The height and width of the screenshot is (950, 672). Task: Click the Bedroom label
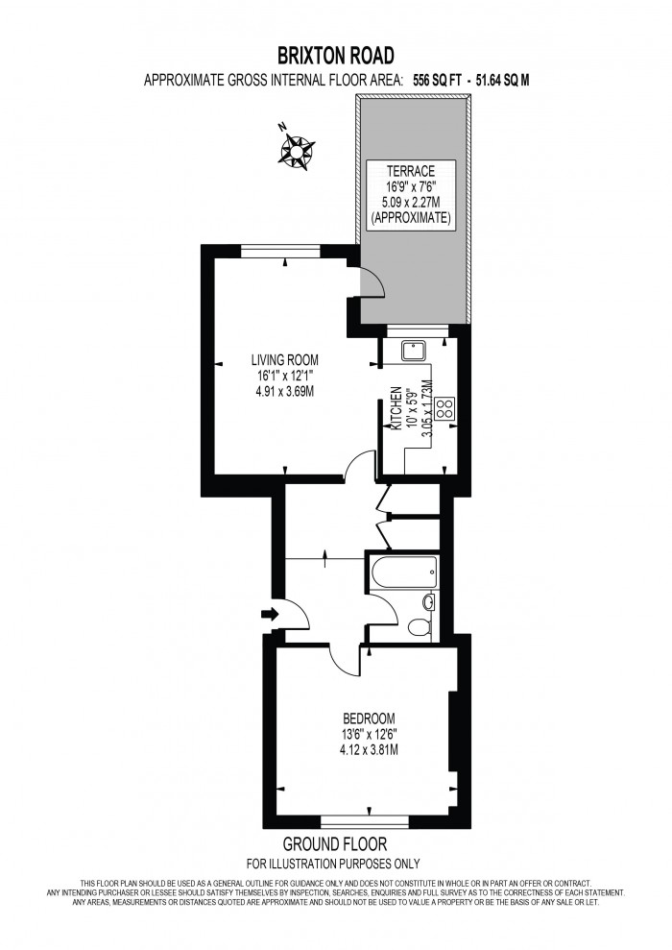click(x=370, y=719)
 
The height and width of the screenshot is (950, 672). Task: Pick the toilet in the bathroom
click(x=419, y=627)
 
